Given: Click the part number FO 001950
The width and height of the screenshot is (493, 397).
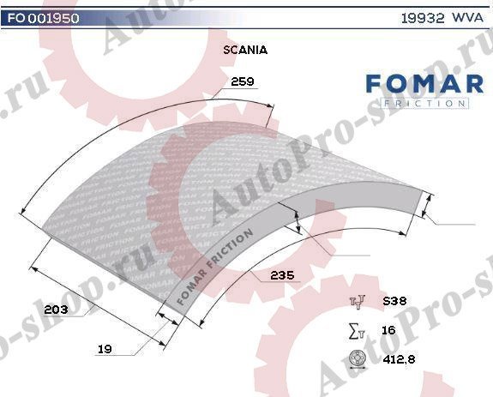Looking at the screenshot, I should point(41,17).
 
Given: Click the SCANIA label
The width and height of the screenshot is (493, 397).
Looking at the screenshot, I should point(244,50).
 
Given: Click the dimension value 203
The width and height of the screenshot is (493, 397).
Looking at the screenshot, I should point(55,309).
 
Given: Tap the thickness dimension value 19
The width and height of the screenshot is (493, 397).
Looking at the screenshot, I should point(105,349).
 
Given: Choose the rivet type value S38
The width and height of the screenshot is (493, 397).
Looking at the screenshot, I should point(394,301).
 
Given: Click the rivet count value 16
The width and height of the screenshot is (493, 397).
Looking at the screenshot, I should point(388,329).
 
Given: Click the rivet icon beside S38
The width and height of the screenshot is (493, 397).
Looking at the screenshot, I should point(358,301).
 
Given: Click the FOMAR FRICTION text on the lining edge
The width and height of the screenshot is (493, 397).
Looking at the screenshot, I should point(213,267).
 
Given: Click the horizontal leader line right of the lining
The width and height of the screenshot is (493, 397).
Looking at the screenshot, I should point(454,225).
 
